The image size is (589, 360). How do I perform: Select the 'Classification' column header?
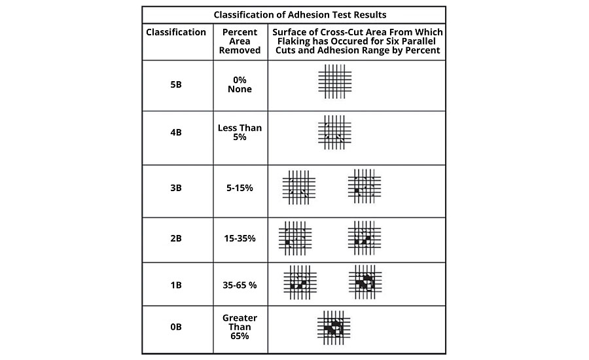pos(176,32)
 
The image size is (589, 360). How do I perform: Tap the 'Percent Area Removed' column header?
pos(240,41)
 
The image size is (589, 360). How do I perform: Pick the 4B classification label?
pos(175,132)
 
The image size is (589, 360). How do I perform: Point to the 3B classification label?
pos(175,188)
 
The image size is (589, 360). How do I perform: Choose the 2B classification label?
pos(175,238)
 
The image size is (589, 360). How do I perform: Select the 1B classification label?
pos(175,285)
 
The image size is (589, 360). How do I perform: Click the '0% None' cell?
pos(240,84)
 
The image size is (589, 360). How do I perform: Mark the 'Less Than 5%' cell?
pos(240,132)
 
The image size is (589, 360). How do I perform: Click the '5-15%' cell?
pos(240,188)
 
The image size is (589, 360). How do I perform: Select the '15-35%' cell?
pos(240,238)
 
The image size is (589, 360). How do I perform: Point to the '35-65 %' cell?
pos(240,285)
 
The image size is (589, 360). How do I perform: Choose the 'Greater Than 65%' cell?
pos(240,327)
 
